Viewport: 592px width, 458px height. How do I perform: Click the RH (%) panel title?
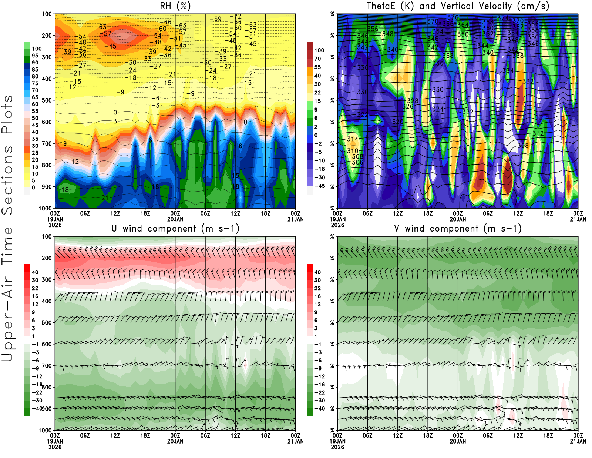click(x=175, y=6)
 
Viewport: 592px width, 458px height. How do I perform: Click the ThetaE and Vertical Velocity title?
click(x=458, y=6)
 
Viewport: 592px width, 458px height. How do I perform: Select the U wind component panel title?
click(x=175, y=228)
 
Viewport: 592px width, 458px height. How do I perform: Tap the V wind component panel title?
click(x=458, y=228)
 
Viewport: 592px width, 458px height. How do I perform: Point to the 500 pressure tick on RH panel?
click(x=47, y=100)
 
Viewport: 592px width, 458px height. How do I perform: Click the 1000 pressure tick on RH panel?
click(x=45, y=208)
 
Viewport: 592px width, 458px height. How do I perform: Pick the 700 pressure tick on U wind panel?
click(x=47, y=366)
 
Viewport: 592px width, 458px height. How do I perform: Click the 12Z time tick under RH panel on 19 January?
click(x=115, y=213)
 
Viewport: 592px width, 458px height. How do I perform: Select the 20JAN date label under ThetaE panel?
click(x=458, y=219)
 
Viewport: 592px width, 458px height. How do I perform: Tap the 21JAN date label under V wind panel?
click(x=578, y=441)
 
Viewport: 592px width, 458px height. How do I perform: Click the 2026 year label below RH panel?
click(x=55, y=225)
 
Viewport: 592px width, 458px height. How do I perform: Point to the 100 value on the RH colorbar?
click(x=37, y=49)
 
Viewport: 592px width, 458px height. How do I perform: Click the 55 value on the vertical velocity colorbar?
click(x=317, y=67)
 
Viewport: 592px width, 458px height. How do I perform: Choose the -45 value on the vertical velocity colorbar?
click(x=319, y=186)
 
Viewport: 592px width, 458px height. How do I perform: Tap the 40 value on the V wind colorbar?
click(x=317, y=272)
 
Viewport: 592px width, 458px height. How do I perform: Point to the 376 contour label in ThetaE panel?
click(x=453, y=17)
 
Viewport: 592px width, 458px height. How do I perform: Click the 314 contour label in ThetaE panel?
click(x=353, y=139)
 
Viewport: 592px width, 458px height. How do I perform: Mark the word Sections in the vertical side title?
click(x=7, y=180)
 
